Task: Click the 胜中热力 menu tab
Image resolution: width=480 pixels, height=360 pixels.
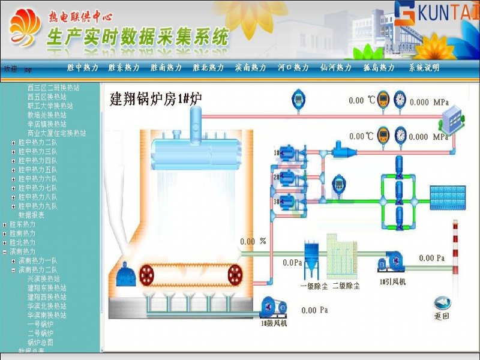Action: (x=83, y=68)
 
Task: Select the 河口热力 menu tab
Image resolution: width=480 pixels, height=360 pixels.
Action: (x=293, y=68)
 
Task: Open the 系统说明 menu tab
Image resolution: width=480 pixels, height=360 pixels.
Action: (x=424, y=68)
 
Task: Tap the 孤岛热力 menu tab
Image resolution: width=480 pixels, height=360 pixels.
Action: (x=379, y=68)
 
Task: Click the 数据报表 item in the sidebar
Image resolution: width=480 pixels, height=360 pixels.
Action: (x=31, y=215)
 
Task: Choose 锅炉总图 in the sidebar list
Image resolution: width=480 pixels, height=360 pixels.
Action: (x=40, y=342)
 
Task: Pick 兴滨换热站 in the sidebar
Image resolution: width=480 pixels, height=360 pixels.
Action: (x=43, y=279)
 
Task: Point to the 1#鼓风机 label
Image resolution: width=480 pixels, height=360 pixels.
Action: (x=274, y=324)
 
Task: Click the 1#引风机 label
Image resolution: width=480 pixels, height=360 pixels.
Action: (x=392, y=281)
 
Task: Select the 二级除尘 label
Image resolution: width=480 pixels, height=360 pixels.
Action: (x=346, y=286)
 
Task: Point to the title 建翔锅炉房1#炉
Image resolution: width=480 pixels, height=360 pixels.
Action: (x=155, y=100)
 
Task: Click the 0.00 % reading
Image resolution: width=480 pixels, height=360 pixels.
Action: (x=253, y=242)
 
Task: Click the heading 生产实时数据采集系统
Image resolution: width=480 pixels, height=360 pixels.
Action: (x=138, y=37)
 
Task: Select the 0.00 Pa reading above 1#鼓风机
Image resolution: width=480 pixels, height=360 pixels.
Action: (x=315, y=310)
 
